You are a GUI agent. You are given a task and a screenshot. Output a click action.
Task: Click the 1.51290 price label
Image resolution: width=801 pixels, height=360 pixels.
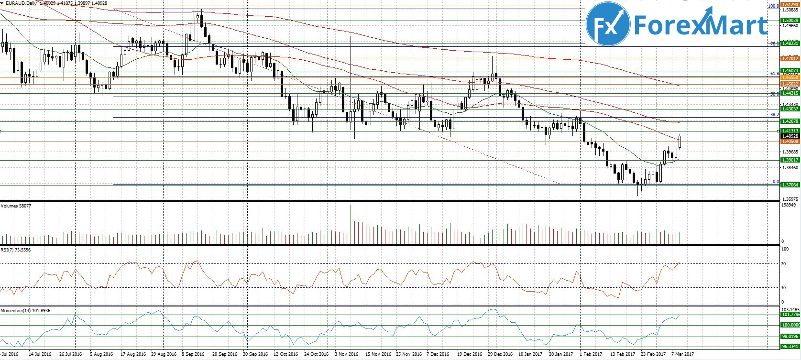pos(790,5)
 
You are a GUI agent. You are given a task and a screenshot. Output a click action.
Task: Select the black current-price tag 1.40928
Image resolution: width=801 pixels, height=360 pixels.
pos(790,136)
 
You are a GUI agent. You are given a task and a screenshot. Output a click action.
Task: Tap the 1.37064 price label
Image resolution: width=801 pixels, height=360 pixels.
pos(790,185)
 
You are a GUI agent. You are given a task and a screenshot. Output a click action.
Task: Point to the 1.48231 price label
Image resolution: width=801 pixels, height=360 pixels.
pos(790,44)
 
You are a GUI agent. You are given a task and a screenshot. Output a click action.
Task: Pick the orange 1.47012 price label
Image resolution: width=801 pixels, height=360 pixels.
pos(790,59)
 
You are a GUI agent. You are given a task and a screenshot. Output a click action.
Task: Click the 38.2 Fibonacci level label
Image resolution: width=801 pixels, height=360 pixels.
pos(775,115)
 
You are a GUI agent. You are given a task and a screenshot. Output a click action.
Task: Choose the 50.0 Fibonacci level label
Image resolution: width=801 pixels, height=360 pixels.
pos(775,94)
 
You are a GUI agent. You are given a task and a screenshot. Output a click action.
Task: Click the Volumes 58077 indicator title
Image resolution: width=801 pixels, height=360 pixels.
pos(16,206)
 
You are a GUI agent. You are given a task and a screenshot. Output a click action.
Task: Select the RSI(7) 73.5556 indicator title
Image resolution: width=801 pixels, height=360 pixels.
pos(15,250)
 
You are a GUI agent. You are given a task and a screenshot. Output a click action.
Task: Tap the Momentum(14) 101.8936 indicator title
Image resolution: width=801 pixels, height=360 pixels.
pos(25,311)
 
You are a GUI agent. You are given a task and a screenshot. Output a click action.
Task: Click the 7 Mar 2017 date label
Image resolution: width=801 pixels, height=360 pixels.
pos(682,354)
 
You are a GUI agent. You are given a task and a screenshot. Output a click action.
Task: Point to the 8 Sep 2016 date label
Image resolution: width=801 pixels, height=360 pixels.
pos(193,354)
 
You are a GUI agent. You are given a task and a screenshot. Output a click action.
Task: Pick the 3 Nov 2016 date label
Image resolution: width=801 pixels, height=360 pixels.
pos(346,354)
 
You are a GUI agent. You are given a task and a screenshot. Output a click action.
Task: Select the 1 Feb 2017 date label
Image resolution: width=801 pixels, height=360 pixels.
pos(591,354)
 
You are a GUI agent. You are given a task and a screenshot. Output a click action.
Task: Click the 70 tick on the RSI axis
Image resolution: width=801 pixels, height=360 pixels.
pos(783,263)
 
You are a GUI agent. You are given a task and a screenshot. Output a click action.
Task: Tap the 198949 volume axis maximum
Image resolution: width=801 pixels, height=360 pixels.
pos(788,205)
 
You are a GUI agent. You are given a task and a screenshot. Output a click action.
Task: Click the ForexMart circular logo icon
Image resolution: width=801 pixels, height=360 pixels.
pos(608,24)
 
